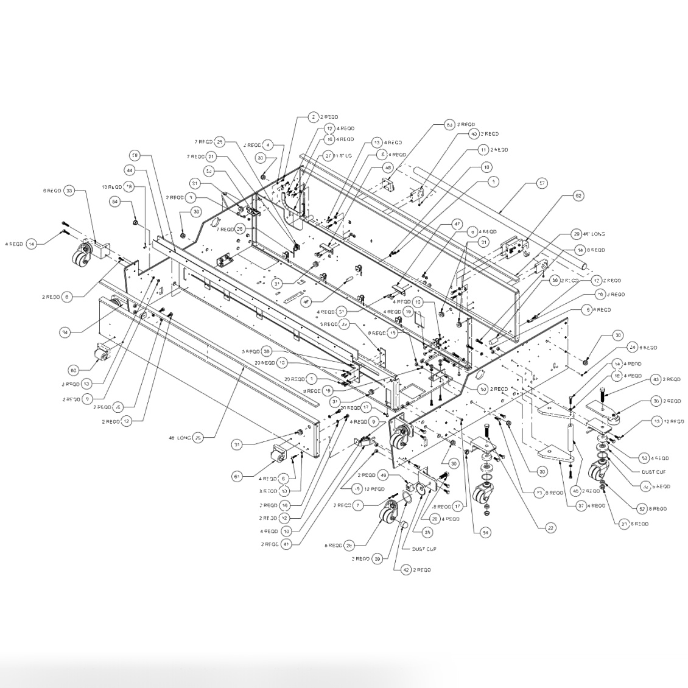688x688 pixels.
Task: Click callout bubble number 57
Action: (541, 182)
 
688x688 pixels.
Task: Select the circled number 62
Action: (578, 196)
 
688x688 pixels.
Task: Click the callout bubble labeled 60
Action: (73, 370)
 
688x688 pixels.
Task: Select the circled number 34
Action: (65, 332)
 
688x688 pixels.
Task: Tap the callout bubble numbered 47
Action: (457, 224)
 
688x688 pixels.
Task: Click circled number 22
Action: (550, 528)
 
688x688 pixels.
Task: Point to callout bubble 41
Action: (286, 544)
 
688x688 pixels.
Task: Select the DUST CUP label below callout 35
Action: (424, 549)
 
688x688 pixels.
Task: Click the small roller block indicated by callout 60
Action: (102, 353)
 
